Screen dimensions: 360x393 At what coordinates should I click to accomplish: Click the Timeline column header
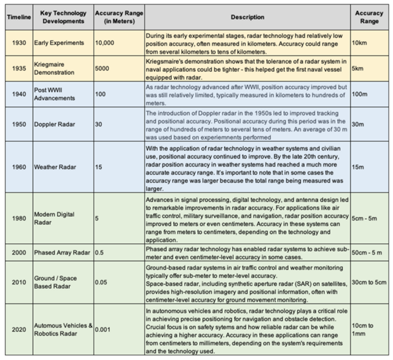point(18,18)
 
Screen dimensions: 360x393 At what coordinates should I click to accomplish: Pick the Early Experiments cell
point(59,44)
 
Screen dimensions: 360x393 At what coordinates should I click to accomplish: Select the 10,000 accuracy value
point(105,44)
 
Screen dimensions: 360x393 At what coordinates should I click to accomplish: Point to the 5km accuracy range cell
point(362,69)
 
